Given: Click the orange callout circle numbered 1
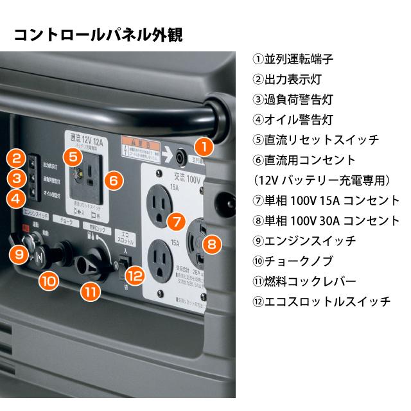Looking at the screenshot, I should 203,146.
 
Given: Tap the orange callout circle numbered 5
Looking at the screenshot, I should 73,156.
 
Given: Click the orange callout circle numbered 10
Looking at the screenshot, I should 49,279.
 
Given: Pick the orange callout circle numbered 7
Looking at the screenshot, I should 175,222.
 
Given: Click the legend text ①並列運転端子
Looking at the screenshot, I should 293,59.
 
